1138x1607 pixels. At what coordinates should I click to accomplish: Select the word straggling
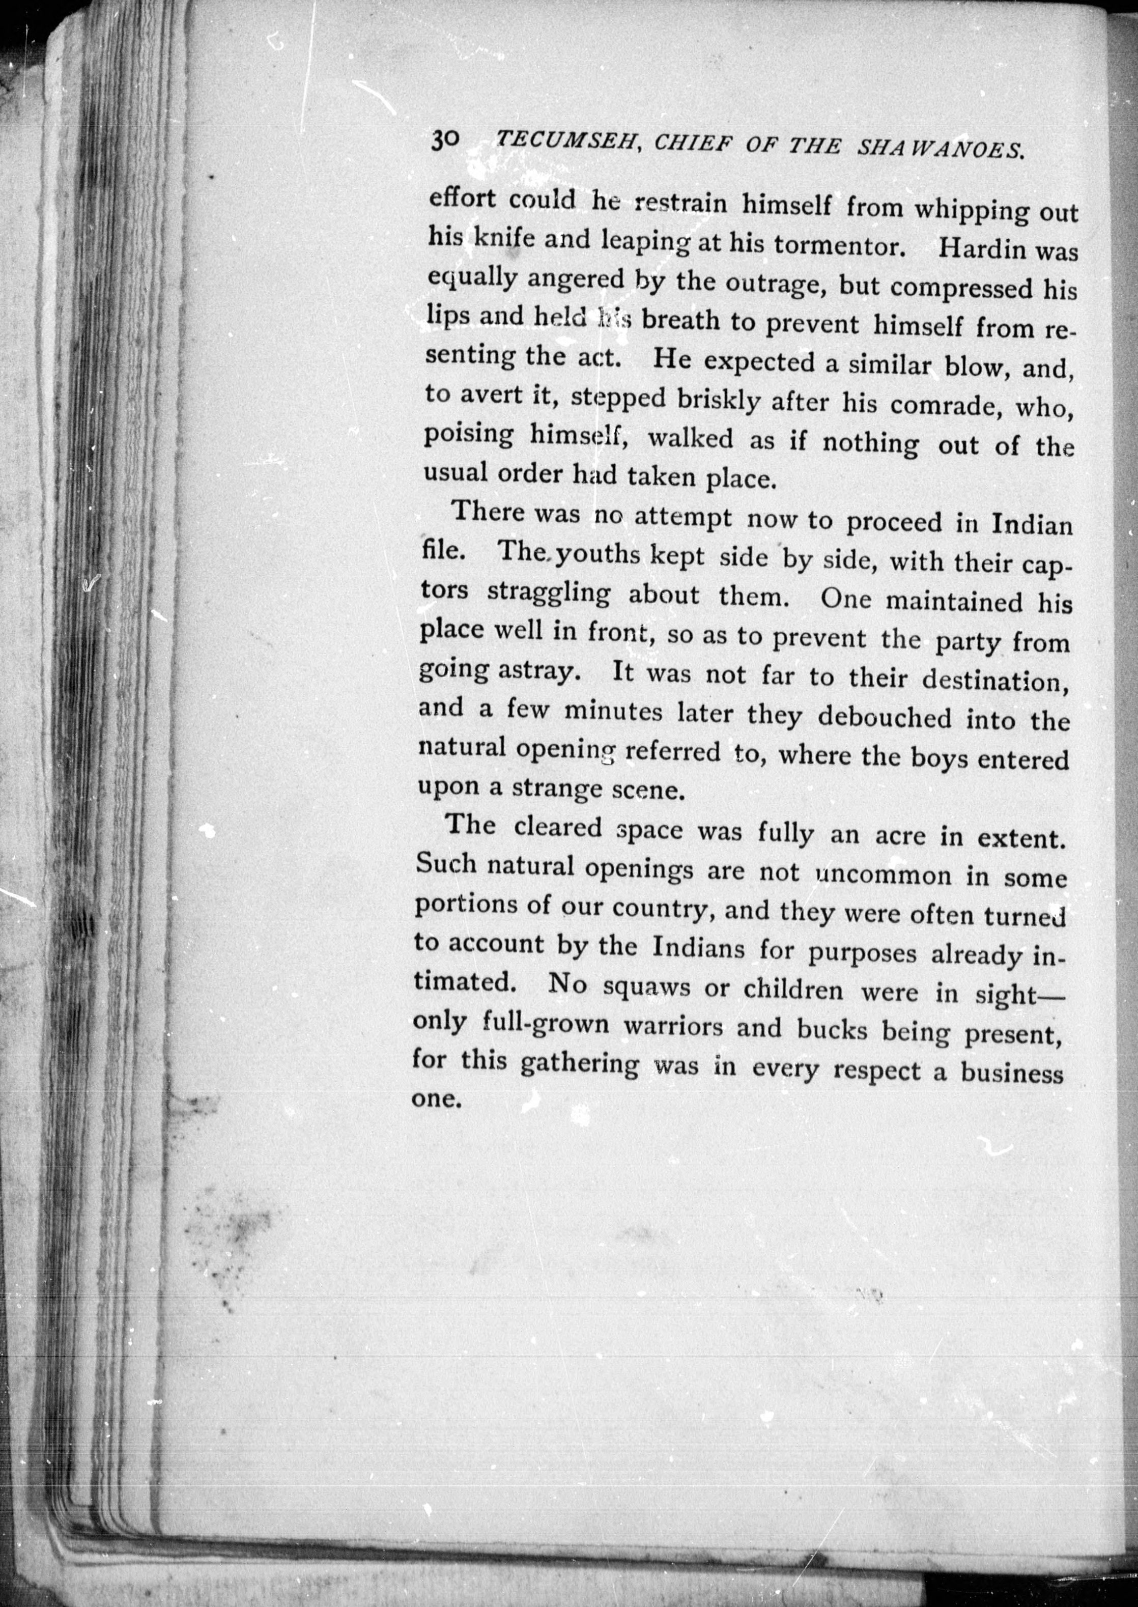[549, 592]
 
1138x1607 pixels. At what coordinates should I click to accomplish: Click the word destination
[995, 680]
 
